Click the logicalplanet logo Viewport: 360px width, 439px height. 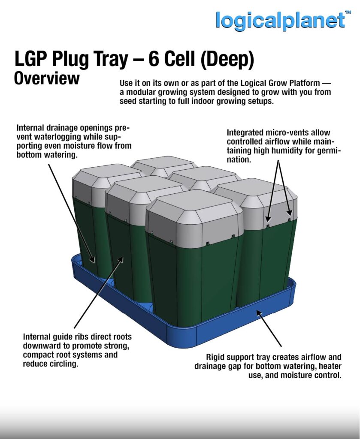coord(280,20)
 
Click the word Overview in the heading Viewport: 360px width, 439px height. coord(47,78)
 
